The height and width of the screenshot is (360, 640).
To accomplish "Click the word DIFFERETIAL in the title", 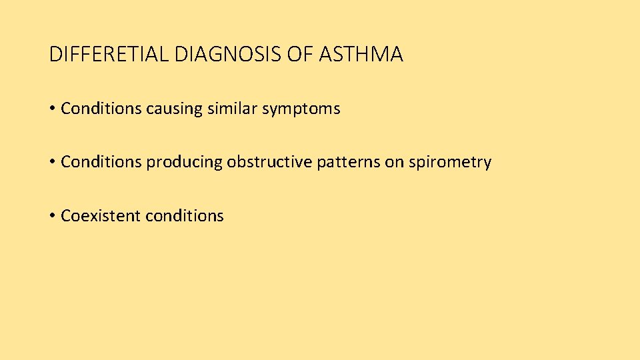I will [109, 54].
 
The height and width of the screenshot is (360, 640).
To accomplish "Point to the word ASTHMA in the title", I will [361, 54].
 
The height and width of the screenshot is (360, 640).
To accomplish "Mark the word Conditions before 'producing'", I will [101, 162].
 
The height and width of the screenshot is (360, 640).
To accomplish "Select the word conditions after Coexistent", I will [185, 216].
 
